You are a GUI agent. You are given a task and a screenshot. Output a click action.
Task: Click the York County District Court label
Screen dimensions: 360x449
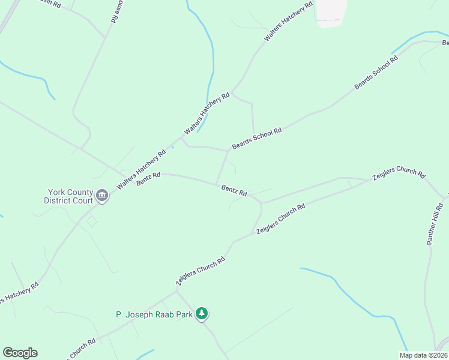(x=68, y=196)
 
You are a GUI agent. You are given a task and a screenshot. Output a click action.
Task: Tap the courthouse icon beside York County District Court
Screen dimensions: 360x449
(x=102, y=196)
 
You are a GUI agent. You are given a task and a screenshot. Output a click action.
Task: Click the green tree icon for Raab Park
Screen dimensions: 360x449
(x=203, y=313)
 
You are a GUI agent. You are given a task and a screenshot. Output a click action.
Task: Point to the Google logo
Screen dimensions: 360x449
(x=20, y=353)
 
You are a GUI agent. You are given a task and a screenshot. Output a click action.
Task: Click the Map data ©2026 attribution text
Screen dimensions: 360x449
(x=423, y=355)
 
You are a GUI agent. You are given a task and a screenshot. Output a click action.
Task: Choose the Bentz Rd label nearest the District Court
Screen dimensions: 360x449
(x=148, y=179)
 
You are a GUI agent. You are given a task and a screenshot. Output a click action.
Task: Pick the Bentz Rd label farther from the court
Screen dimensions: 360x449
(x=234, y=190)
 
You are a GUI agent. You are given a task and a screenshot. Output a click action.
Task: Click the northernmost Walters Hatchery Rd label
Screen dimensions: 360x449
(x=289, y=22)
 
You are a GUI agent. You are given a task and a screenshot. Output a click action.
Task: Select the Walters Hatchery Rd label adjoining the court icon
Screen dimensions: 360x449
(x=141, y=170)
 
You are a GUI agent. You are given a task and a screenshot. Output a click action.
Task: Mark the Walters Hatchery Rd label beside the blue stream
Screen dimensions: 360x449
(x=207, y=113)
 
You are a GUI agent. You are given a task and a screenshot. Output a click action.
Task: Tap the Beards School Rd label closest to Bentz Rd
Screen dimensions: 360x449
(x=256, y=139)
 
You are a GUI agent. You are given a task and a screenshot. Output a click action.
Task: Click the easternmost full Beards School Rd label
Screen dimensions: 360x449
(x=376, y=72)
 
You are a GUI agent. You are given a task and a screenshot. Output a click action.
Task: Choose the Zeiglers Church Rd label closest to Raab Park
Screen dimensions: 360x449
(x=200, y=271)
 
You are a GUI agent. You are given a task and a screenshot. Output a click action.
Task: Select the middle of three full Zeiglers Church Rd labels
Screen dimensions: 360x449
(x=281, y=218)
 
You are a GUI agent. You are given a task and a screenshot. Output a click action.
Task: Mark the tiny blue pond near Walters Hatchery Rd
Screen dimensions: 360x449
(x=172, y=146)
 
